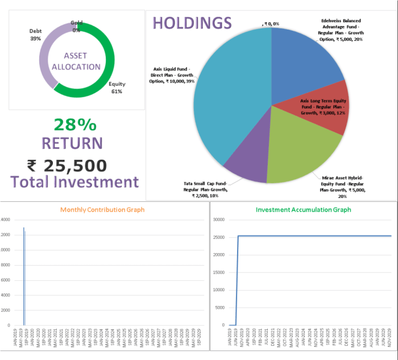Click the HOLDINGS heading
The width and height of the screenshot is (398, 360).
[192, 23]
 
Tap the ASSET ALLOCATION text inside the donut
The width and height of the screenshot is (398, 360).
[76, 61]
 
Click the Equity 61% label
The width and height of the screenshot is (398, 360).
[116, 88]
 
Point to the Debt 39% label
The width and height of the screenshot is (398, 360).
[35, 35]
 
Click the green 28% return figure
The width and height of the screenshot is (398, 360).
[75, 125]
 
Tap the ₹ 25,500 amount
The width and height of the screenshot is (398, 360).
[67, 165]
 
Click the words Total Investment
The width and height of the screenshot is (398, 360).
[74, 183]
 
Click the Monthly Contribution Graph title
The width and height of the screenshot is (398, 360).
[102, 210]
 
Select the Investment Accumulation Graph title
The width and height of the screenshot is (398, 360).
[304, 210]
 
